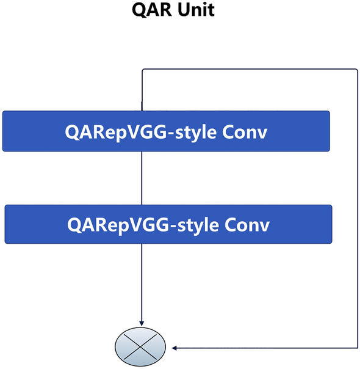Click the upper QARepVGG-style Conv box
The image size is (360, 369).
166,131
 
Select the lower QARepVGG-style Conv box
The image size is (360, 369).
168,224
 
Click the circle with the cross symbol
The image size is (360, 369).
142,348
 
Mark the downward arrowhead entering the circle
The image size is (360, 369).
142,323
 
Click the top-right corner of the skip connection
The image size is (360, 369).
356,70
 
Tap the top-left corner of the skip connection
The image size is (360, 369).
142,70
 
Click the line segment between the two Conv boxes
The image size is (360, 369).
142,178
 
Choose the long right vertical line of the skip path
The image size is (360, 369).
357,208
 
